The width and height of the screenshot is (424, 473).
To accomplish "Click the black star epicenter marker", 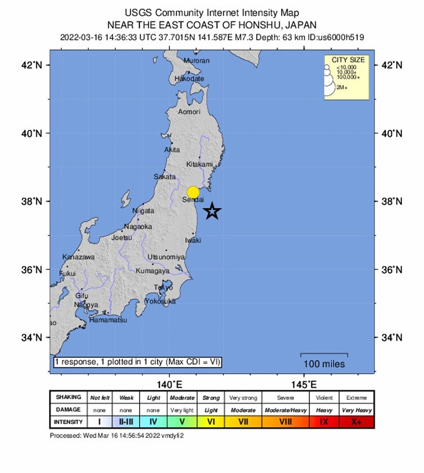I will (x=212, y=211).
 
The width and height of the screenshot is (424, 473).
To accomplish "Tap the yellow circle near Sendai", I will (x=193, y=192).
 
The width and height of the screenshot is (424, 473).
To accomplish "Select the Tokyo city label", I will (x=163, y=287).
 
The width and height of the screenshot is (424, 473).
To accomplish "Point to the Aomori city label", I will (x=189, y=112).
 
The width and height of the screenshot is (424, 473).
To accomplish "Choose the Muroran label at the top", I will (x=196, y=60).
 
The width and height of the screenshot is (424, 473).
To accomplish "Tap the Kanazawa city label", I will (x=78, y=257).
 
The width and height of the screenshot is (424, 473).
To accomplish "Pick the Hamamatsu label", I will (x=108, y=320).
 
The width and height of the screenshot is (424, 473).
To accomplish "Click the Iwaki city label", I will (x=193, y=240).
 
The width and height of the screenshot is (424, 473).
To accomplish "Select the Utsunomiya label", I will (x=166, y=257).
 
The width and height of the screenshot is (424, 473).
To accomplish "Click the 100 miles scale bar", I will (x=324, y=354).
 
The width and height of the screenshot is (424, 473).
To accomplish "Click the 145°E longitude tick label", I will (x=304, y=384).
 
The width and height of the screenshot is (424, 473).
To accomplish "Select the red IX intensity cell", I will (x=324, y=422).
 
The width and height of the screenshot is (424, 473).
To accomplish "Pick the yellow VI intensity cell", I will (x=211, y=422).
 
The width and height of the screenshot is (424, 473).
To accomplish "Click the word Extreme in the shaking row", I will (x=356, y=398).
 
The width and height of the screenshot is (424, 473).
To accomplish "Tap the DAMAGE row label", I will (x=68, y=410).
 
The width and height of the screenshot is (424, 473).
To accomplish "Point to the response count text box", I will (x=137, y=362).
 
